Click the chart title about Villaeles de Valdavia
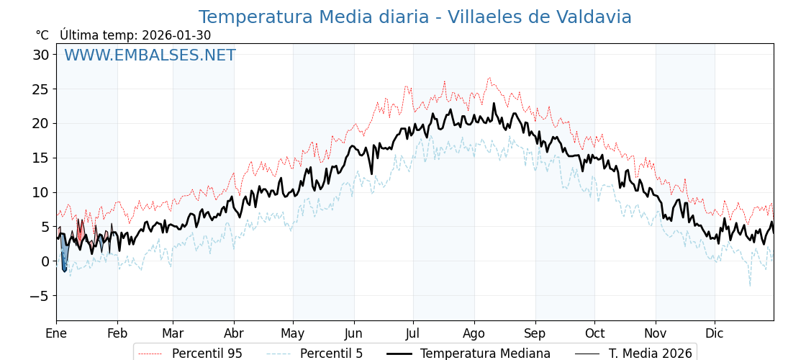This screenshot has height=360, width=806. coord(415,17)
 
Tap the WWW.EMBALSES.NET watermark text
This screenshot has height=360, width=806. coord(150,55)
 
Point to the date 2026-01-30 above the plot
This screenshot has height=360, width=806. coord(176,35)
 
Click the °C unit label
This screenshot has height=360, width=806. coord(42,35)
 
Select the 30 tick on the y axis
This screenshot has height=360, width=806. coord(41,55)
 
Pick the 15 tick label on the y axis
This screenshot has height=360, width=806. coord(41,158)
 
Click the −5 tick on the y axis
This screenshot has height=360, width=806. coord(38,296)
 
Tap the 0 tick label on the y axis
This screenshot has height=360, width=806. coord(45,261)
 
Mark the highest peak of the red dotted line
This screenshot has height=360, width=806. coord(489,78)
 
